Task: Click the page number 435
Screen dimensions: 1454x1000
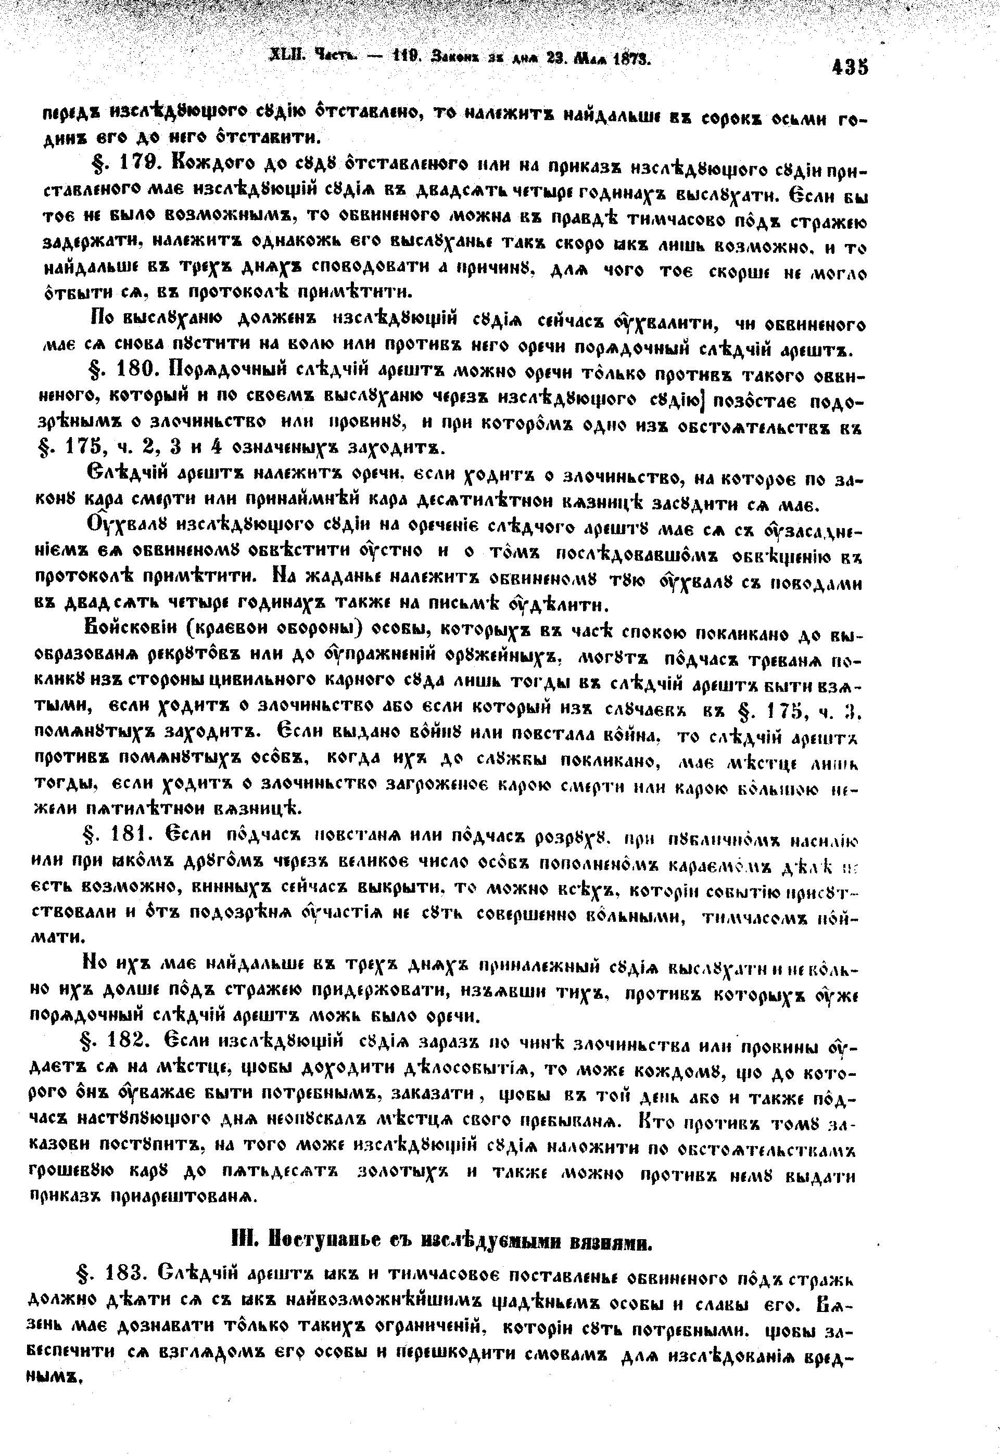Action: pos(850,67)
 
